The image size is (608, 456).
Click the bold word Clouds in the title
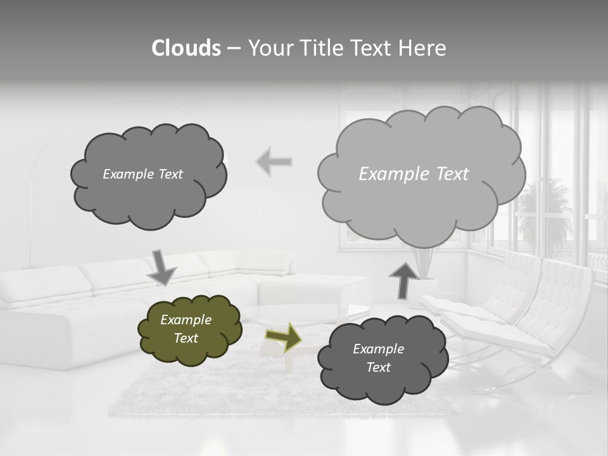click(x=186, y=48)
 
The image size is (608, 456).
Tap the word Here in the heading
click(x=422, y=48)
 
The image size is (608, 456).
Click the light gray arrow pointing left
click(x=274, y=162)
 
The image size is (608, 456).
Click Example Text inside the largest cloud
click(x=414, y=174)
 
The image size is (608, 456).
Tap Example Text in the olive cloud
click(x=186, y=329)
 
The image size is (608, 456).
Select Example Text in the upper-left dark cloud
click(x=142, y=174)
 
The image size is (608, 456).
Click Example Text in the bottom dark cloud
click(x=378, y=358)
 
